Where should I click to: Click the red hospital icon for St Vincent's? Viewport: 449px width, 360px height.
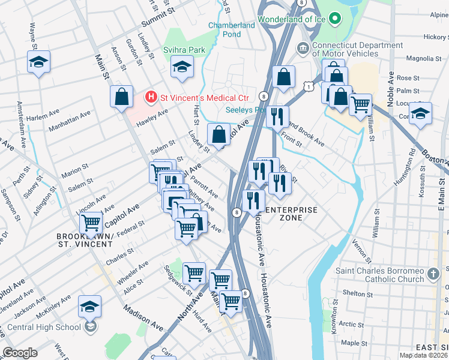click(151, 97)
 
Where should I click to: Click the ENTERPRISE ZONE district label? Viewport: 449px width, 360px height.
click(283, 214)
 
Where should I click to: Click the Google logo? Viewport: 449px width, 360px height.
click(20, 353)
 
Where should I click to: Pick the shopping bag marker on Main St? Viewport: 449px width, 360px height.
click(121, 97)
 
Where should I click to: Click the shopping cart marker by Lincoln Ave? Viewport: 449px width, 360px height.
click(90, 223)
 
